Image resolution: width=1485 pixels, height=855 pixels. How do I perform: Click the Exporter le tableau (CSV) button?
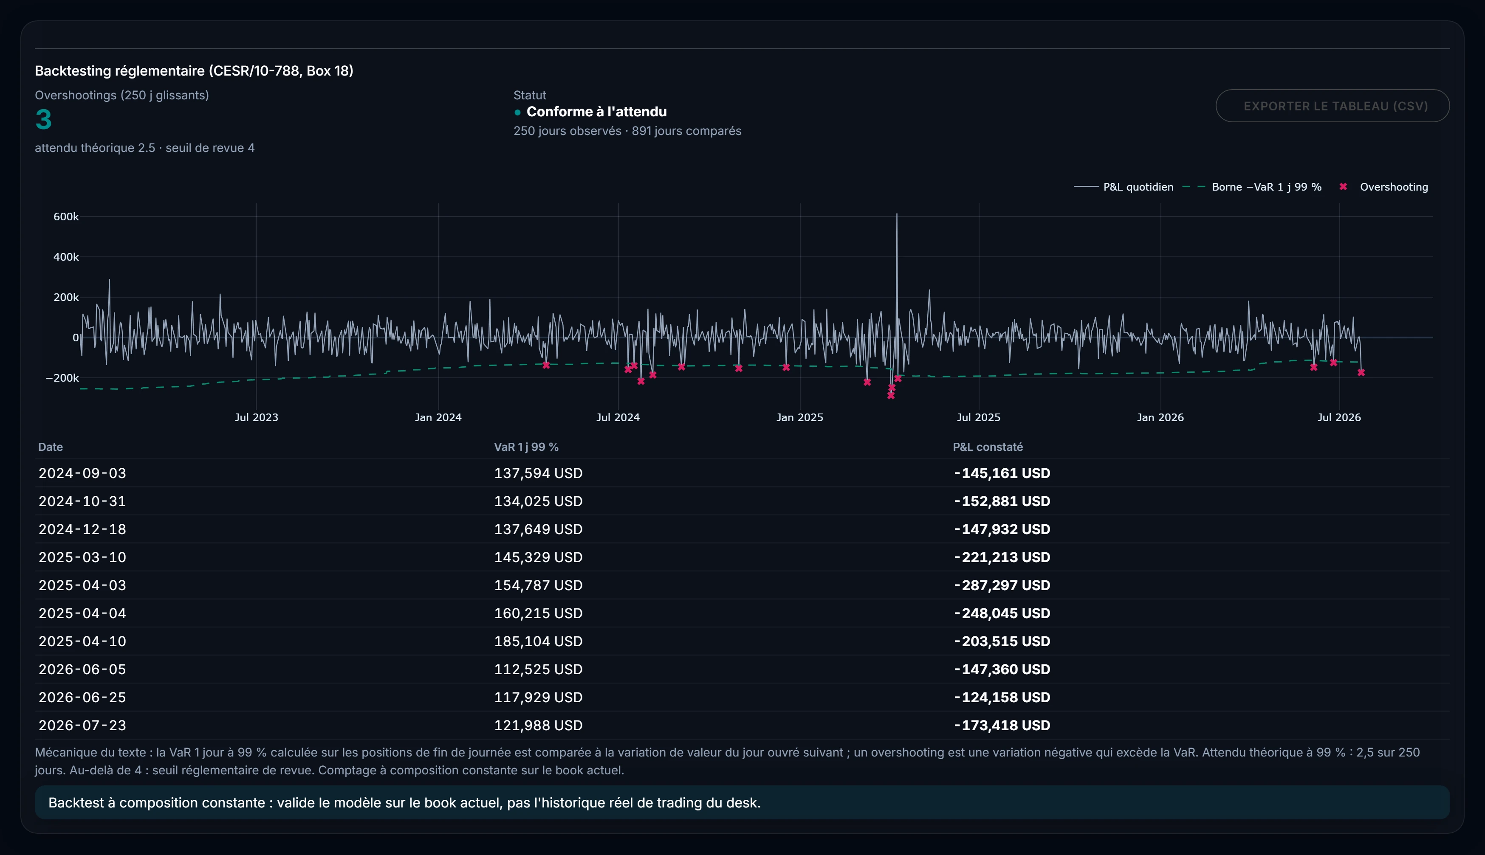[1332, 106]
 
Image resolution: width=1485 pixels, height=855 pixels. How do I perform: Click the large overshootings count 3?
[43, 120]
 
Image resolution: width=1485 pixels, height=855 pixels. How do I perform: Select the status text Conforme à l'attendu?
[596, 112]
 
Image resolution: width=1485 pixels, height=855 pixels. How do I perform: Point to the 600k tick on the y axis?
[66, 217]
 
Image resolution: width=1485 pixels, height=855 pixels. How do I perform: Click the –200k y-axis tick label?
[62, 377]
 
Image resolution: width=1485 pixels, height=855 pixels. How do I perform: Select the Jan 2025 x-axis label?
[799, 417]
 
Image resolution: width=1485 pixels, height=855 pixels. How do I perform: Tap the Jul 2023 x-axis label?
[256, 417]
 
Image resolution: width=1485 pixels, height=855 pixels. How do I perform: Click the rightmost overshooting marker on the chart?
[1361, 372]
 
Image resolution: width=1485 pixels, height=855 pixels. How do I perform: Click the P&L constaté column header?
[988, 447]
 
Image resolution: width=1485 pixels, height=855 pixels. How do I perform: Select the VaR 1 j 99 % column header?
[526, 447]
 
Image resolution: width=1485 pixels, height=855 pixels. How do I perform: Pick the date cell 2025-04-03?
[82, 585]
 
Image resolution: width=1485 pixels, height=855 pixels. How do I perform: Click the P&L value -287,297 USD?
[1002, 585]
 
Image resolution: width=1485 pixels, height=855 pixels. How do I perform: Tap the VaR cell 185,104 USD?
[538, 641]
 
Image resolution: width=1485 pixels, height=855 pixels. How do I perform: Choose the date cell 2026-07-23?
[82, 725]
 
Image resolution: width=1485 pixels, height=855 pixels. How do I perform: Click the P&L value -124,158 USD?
[1002, 697]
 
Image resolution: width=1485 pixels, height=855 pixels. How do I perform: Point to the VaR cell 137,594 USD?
[538, 473]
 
